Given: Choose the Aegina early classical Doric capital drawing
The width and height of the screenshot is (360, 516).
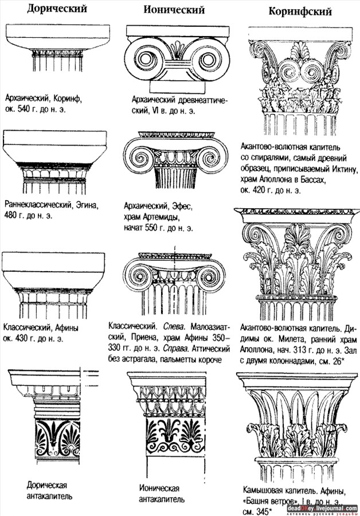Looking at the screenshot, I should tap(55, 161).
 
